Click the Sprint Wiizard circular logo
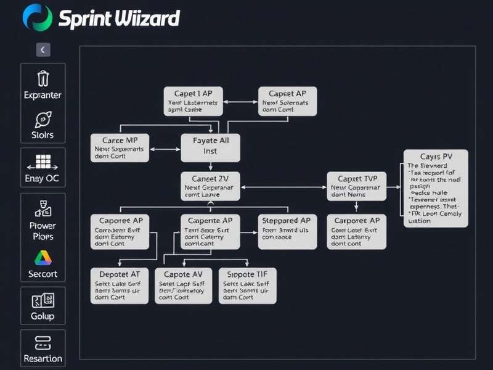[x=37, y=17]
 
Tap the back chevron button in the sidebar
[x=43, y=50]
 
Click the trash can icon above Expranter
[x=43, y=78]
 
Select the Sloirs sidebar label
[x=43, y=135]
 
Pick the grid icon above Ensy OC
[x=43, y=162]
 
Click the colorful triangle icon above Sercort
[x=43, y=258]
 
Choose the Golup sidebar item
[x=43, y=316]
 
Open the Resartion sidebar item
[x=43, y=358]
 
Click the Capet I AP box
[x=194, y=101]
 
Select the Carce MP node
[x=120, y=148]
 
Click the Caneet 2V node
[x=210, y=186]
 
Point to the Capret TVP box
[x=357, y=186]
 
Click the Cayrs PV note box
[x=436, y=188]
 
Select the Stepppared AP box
[x=287, y=231]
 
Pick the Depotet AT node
[x=120, y=286]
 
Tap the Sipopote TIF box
[x=248, y=286]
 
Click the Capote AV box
[x=184, y=286]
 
